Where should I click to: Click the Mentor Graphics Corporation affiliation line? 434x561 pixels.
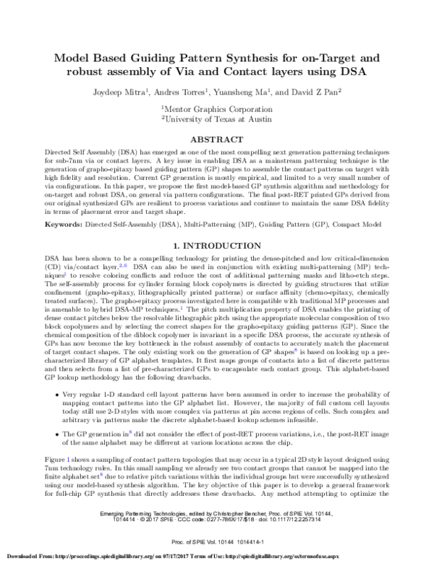(217, 106)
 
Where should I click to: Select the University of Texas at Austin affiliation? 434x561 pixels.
(217, 116)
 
